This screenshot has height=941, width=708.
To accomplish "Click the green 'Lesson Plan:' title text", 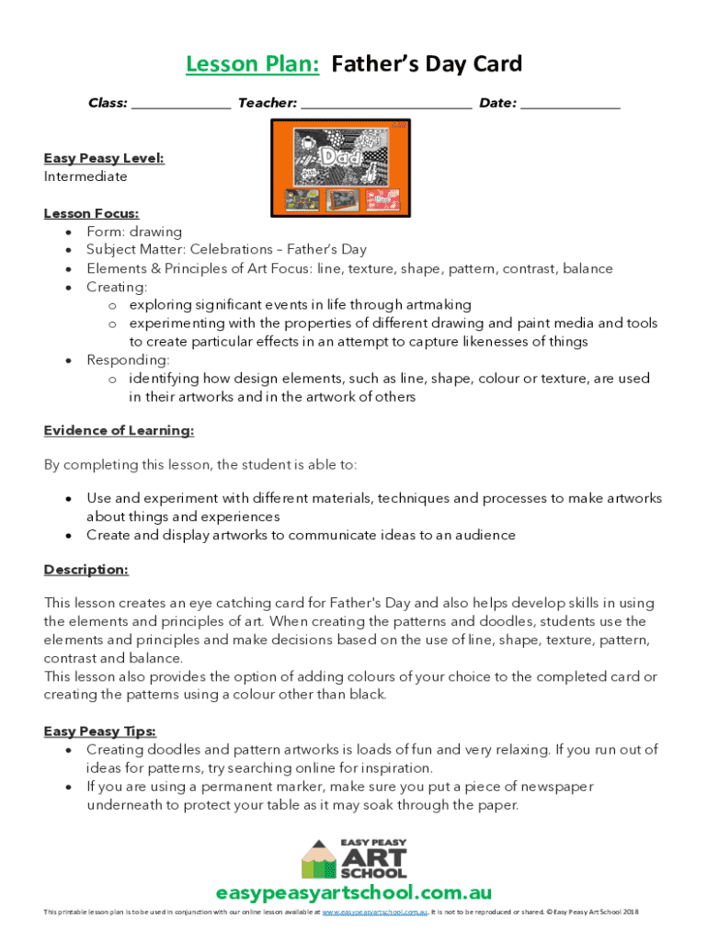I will [x=252, y=64].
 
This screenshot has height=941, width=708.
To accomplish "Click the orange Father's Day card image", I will [x=340, y=168].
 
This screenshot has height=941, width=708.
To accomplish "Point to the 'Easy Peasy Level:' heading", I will [x=104, y=158].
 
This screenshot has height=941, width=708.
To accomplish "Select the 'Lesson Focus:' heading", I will [x=91, y=213].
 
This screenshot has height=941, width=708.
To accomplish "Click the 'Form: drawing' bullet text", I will [x=134, y=232].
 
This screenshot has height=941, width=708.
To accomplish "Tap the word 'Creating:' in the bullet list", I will [x=117, y=287].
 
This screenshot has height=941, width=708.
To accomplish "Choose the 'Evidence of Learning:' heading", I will [x=119, y=430].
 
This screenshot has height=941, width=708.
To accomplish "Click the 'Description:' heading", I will [x=86, y=570].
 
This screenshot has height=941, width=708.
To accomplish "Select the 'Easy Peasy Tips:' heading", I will [x=100, y=731].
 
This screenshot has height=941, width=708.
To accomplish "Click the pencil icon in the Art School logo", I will [x=319, y=860].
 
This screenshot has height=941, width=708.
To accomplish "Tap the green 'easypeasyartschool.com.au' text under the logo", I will [x=354, y=893].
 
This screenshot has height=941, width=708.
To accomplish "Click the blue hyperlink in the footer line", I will [x=375, y=913].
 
